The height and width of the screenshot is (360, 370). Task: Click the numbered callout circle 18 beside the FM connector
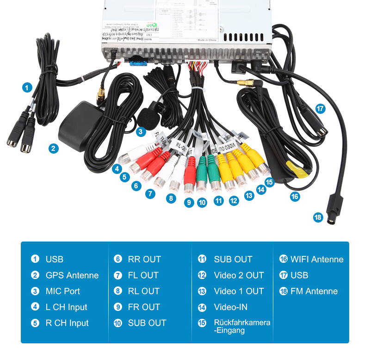point(318,217)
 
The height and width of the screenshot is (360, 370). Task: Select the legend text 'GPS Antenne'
point(72,275)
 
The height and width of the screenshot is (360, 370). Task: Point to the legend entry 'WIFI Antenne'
point(317,259)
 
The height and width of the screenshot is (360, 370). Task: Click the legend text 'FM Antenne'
point(314,291)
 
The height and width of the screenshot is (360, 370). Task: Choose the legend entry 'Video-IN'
point(230,307)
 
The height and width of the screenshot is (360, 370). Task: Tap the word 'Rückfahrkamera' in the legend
point(242,322)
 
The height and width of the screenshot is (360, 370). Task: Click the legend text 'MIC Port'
point(62,291)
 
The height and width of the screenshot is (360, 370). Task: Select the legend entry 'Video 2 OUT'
point(239,275)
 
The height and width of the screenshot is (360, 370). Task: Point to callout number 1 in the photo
point(27,87)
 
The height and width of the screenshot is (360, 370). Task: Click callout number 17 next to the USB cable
point(320,109)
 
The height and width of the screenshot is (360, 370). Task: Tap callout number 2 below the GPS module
point(54,148)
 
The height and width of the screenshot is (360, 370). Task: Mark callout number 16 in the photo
point(295,196)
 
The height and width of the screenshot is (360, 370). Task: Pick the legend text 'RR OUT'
point(144,259)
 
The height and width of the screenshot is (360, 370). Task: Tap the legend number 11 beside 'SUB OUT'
point(202,259)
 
